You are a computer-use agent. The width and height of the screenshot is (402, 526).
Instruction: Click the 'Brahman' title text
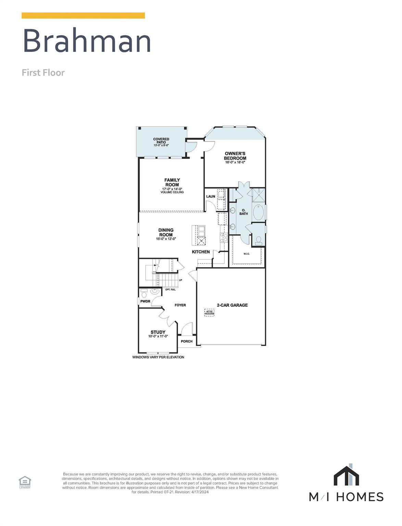pos(87,41)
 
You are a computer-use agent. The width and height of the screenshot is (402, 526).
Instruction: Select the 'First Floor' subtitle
pos(43,73)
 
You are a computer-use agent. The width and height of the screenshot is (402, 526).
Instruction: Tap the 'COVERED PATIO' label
pos(161,141)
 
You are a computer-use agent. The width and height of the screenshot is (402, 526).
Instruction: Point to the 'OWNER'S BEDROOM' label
pos(235,156)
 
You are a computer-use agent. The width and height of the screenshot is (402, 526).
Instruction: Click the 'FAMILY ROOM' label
pos(172,182)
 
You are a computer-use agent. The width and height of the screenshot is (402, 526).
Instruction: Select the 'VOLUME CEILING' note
pos(172,192)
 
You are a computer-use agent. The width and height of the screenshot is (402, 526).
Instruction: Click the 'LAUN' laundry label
pos(211,196)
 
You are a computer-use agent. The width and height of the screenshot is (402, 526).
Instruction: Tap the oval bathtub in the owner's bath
pos(258,213)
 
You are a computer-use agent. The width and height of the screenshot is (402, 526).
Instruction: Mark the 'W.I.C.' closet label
pos(247,254)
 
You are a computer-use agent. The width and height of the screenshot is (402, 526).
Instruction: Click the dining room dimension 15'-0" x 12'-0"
pos(166,239)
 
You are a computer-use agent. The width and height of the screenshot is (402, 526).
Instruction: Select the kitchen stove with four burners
pos(224,237)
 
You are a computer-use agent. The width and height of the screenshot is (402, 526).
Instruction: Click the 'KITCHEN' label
pos(201,252)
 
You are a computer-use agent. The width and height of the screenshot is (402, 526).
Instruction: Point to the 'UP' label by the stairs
pos(180,280)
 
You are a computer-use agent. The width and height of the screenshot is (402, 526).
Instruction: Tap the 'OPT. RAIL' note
pos(170,290)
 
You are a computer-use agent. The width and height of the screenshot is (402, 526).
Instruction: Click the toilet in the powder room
pos(144,293)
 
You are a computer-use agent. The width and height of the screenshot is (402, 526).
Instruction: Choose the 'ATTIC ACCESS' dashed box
pos(209,312)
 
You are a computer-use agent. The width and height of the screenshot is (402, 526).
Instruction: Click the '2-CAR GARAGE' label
pos(232,305)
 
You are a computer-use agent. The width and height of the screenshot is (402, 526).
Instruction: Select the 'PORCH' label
pos(187,341)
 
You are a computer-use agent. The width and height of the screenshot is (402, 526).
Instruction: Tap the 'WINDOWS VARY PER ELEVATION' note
pos(158,357)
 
